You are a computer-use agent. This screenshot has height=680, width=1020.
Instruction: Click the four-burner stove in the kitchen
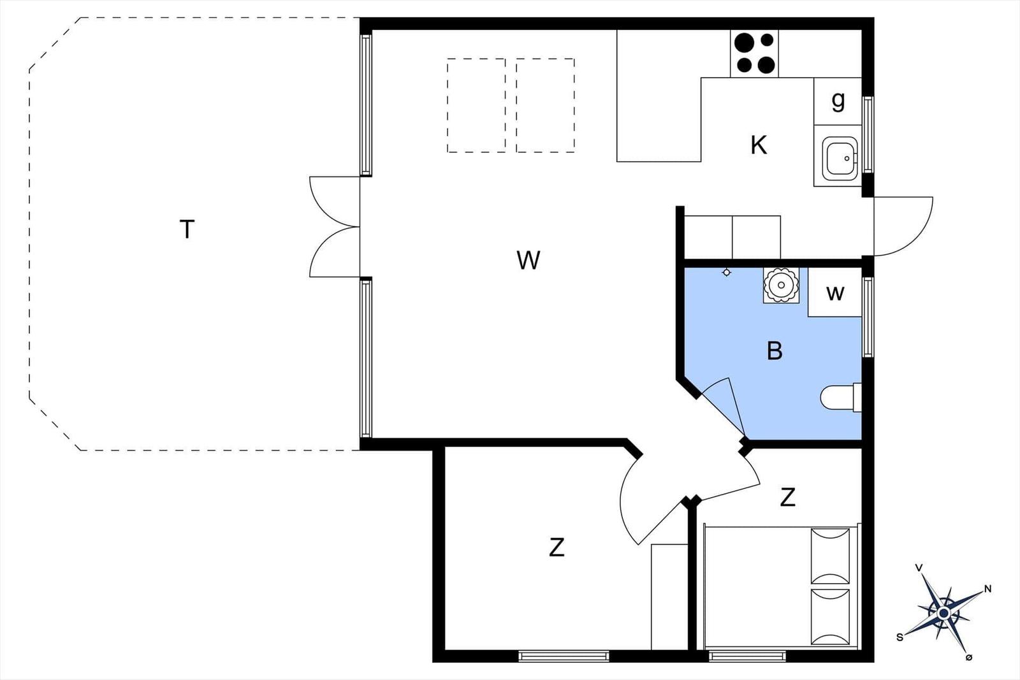point(754,54)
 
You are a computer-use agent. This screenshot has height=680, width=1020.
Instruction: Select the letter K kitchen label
point(759,146)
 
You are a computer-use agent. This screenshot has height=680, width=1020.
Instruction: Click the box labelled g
point(838,101)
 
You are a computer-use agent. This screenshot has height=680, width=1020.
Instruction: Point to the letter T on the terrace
point(187,229)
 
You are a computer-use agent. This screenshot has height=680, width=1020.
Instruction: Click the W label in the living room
point(528,261)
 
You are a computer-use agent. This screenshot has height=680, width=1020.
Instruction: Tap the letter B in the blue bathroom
point(775,351)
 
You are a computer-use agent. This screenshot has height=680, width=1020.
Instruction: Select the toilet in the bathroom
point(841,397)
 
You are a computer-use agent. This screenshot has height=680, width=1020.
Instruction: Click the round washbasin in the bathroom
point(781,285)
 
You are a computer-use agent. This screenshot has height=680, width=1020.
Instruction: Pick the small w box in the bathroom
point(834,293)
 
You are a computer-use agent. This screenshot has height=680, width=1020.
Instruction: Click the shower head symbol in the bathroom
point(727,272)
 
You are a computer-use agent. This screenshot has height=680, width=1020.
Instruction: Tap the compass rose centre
point(944,614)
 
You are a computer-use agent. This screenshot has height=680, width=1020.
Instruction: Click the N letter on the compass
point(987,589)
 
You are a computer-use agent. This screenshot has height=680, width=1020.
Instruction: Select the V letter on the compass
point(919,568)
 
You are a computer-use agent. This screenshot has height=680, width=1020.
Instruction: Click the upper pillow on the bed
point(830,556)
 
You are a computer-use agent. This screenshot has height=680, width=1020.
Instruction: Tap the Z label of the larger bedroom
point(557,547)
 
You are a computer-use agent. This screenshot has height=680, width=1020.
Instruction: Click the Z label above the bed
point(787,497)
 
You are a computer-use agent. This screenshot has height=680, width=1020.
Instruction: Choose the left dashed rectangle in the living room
point(476,105)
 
